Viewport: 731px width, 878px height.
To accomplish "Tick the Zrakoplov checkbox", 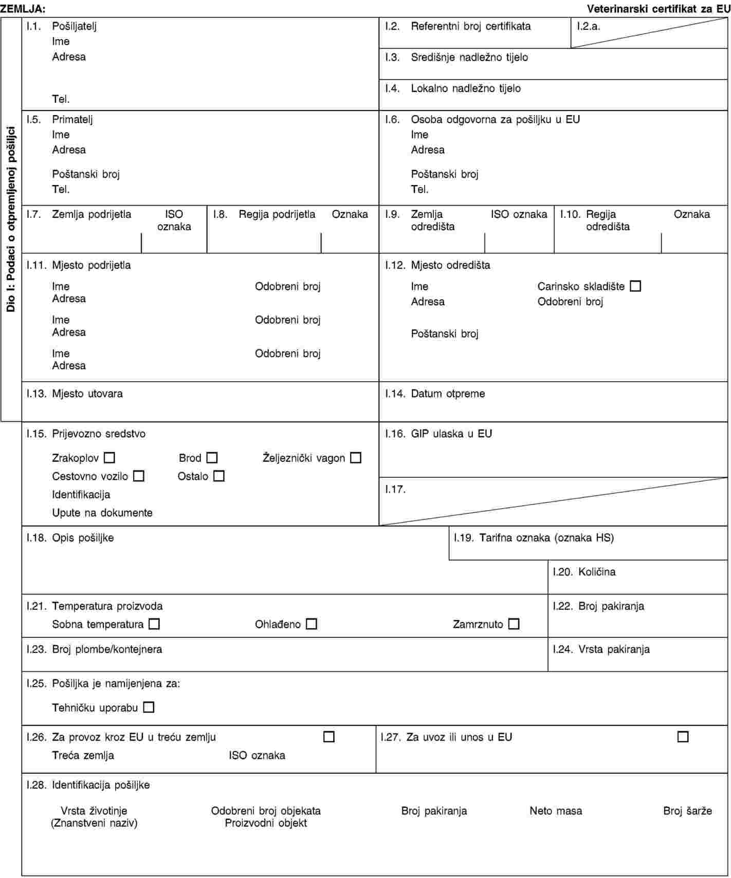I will click(x=109, y=457).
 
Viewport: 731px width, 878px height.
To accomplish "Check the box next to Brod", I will click(x=212, y=457).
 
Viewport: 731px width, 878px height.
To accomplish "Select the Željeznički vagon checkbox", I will click(x=356, y=457).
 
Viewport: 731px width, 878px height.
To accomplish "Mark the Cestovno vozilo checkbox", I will click(x=139, y=476).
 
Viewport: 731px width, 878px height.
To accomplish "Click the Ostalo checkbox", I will click(x=219, y=476).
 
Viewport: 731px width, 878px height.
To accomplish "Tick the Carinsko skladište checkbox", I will click(x=635, y=286).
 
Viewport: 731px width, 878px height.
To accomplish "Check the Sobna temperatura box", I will click(x=154, y=624).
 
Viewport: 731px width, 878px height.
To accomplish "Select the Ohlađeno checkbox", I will click(x=311, y=624).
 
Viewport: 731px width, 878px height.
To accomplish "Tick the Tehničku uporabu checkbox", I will click(x=149, y=707).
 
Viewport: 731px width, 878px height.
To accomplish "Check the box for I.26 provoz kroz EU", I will click(x=329, y=737).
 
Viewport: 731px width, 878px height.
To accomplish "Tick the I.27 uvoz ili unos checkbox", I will click(x=683, y=737).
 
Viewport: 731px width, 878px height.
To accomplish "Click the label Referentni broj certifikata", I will click(x=470, y=26).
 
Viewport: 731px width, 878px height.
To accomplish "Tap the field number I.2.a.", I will click(x=589, y=26).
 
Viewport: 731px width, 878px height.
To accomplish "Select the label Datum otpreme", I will click(x=448, y=394).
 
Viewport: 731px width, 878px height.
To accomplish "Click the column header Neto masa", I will click(x=556, y=811).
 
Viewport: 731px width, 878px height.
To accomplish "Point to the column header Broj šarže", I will click(x=687, y=811).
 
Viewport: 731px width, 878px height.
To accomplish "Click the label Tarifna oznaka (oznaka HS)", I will click(x=546, y=538).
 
